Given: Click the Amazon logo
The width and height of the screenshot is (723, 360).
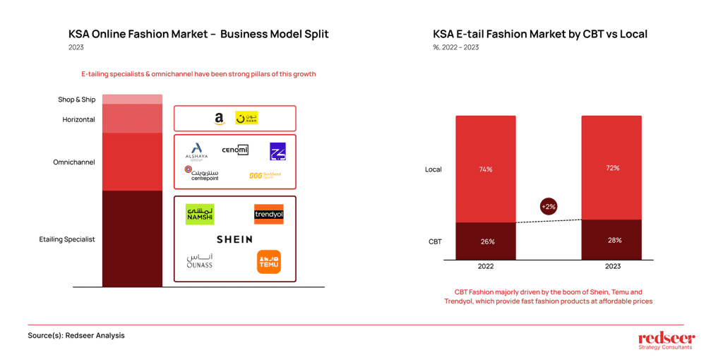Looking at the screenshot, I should [220, 119].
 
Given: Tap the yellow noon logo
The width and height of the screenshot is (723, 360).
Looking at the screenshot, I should [246, 118].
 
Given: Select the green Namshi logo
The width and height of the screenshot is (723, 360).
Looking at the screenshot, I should [200, 215].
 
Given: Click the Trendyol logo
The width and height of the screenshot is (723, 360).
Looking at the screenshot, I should [268, 214].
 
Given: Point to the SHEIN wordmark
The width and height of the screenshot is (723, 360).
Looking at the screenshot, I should [234, 240].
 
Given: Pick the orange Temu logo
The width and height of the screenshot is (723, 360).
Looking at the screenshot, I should [269, 262].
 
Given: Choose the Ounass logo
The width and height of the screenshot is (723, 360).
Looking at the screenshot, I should [200, 261].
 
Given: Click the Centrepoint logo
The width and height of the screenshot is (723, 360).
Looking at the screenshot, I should [202, 174].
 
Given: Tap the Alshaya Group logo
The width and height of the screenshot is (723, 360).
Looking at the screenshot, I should [196, 152].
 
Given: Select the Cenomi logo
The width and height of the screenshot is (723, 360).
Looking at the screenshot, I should [235, 150].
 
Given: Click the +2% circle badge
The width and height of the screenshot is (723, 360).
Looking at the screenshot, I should [549, 207].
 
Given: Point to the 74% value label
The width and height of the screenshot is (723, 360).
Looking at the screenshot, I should [486, 169].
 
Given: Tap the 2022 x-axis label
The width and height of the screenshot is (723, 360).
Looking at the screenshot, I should [486, 266].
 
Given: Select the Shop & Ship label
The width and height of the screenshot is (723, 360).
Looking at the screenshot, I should [76, 100].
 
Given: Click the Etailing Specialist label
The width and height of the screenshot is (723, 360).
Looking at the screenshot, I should [67, 239].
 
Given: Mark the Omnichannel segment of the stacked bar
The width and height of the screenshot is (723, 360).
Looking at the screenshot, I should [132, 162].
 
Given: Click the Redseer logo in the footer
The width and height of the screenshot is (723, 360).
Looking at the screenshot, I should [666, 340].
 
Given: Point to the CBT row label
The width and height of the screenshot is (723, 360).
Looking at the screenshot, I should [435, 241].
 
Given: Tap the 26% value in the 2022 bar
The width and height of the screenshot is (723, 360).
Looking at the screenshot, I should [487, 241].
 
